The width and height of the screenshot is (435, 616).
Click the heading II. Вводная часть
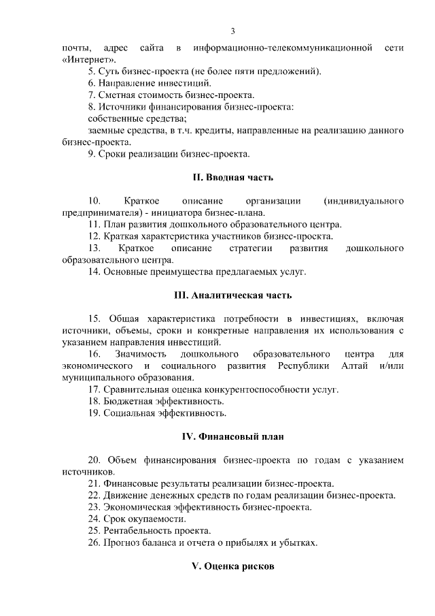[232, 178]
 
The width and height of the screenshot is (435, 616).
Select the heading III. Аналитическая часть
[232, 295]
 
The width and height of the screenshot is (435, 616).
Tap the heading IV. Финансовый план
[232, 436]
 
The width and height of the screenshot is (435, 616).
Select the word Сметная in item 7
[118, 95]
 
